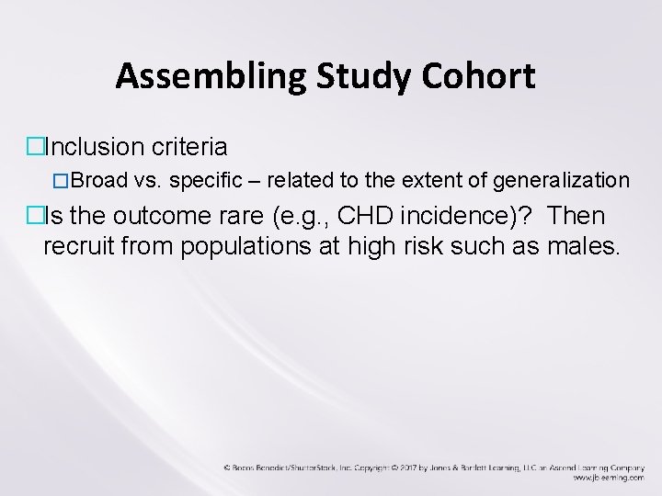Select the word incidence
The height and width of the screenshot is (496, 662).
coord(456,217)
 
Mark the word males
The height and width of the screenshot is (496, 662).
coord(582,246)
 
